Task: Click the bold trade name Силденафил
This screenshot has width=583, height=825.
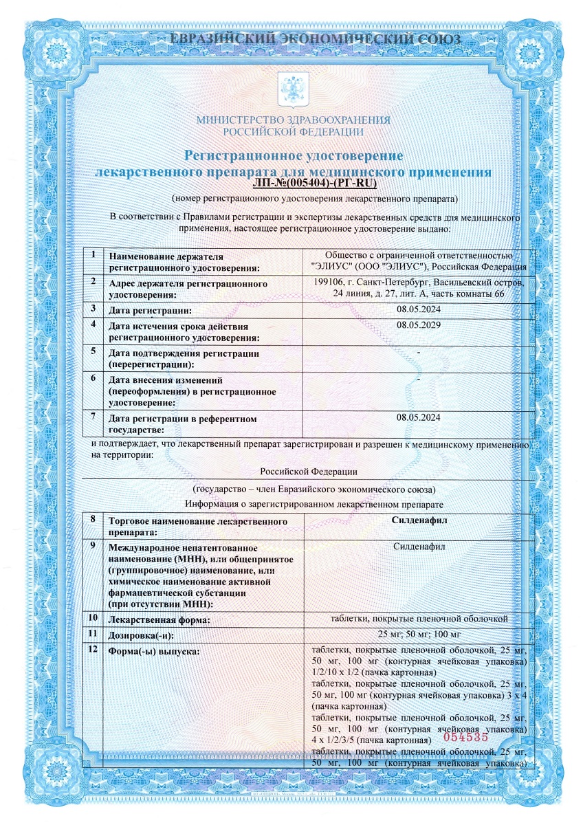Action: pos(419,521)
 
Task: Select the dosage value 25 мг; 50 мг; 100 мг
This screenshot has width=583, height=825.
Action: pos(419,634)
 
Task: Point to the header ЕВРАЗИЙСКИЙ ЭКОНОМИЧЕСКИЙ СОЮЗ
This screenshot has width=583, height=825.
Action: pos(292,39)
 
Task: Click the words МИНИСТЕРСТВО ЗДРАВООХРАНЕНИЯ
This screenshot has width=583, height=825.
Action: pos(294,120)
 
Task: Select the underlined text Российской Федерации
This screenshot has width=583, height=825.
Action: pos(310,472)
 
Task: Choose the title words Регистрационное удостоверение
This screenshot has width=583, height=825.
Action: pos(293,157)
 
